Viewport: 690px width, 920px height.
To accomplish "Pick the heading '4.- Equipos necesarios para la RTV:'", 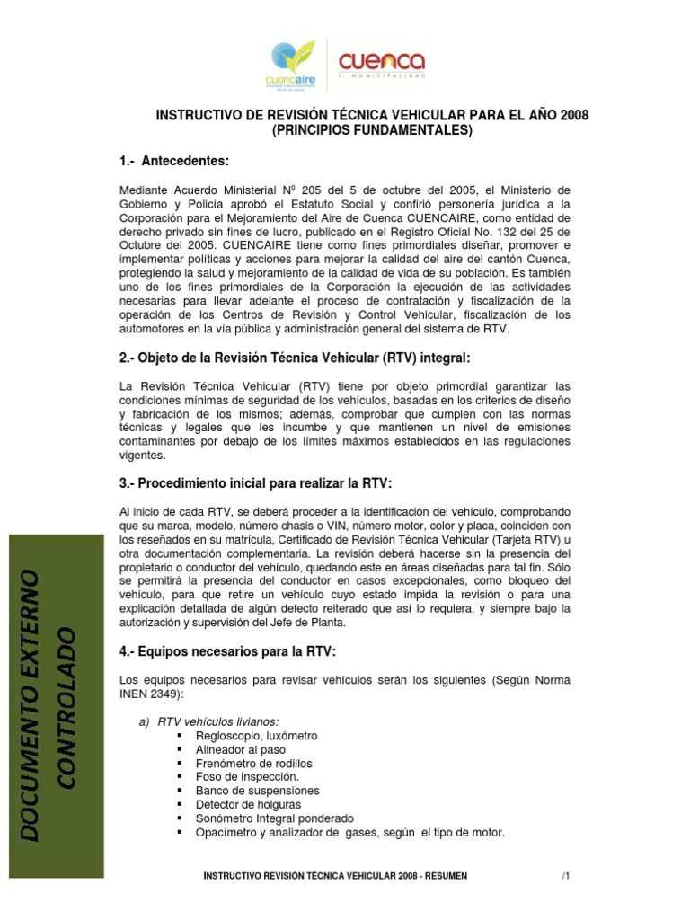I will pos(228,650).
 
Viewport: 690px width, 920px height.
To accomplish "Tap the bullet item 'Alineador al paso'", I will pos(240,749).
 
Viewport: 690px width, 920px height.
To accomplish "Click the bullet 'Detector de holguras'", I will pos(249,804).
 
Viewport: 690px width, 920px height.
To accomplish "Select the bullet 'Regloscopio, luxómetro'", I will pos(256,736).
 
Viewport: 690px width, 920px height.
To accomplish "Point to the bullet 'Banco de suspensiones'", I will pos(257,791).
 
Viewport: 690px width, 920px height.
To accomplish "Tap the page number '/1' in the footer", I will pos(566,876).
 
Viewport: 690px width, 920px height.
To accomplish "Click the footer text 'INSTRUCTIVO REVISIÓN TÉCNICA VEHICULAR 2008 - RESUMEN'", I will pos(335,876).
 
